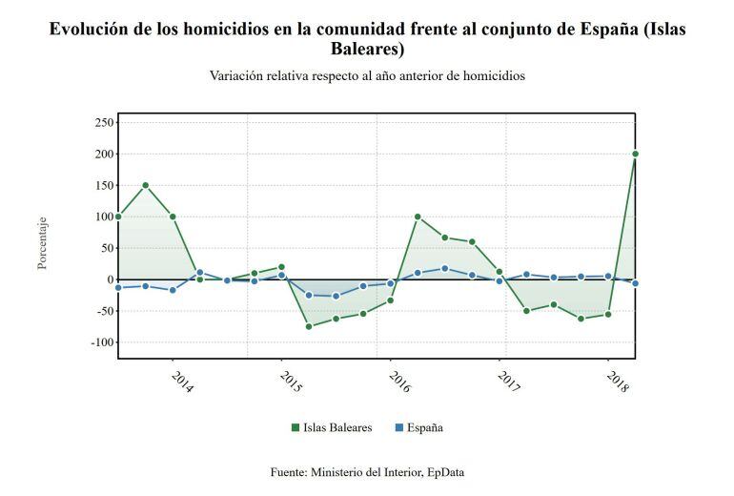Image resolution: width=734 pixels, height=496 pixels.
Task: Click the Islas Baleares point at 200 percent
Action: (x=635, y=154)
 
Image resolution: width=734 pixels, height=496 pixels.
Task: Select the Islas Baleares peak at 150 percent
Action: (x=145, y=185)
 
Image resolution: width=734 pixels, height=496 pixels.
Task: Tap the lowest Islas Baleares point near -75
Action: (x=309, y=326)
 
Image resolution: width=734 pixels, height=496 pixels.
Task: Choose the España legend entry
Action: (x=418, y=427)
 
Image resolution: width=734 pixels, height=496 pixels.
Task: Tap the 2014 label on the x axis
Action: (x=182, y=381)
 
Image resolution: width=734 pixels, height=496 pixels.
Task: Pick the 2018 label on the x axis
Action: (x=618, y=381)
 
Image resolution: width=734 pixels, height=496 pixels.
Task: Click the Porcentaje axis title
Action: (x=42, y=243)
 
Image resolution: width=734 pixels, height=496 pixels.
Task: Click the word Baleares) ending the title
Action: (x=367, y=49)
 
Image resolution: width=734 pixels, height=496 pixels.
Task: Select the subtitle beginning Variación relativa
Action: (x=367, y=75)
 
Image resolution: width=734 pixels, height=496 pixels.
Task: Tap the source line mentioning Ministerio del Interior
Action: (x=367, y=471)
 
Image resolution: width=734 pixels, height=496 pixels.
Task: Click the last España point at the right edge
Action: (x=635, y=283)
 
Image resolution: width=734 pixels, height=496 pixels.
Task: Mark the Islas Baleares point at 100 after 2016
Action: (x=418, y=217)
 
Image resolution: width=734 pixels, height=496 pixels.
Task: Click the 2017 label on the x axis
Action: (x=509, y=381)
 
